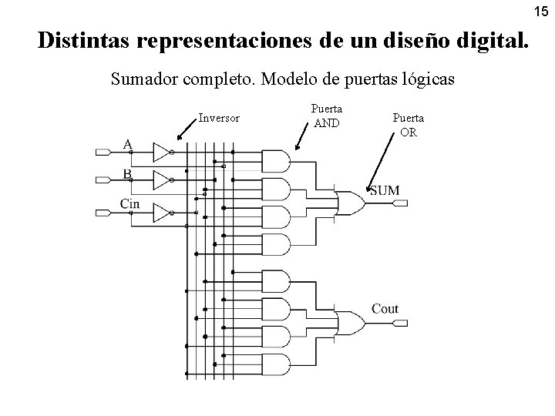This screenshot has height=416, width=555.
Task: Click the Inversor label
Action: [x=219, y=119]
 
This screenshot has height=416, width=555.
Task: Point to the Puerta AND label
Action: [x=327, y=116]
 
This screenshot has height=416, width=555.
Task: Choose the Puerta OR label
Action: [x=409, y=125]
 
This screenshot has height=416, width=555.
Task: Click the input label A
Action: [x=127, y=143]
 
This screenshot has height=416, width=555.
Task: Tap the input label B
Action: [x=127, y=173]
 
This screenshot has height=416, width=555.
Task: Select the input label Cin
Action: [x=129, y=203]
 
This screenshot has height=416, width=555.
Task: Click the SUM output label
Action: [x=384, y=190]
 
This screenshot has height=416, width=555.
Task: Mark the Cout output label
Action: [x=385, y=309]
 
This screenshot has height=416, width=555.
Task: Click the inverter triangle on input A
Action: [x=161, y=152]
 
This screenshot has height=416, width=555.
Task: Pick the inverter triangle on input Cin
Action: [x=161, y=212]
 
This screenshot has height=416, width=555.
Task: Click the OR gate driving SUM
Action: [x=351, y=203]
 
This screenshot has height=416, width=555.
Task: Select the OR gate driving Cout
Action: [x=351, y=321]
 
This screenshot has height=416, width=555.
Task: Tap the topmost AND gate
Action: [x=276, y=159]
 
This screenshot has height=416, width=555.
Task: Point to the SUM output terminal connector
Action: [x=401, y=203]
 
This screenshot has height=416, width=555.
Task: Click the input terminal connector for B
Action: [x=103, y=181]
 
